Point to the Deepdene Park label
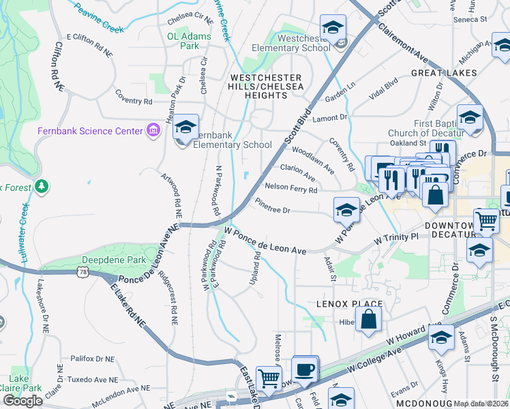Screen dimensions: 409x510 point(104,260)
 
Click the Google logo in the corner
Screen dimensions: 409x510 point(22,401)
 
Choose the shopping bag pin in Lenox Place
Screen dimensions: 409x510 point(368,320)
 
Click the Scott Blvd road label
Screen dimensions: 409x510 point(298,127)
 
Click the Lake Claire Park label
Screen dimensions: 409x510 point(19,383)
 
